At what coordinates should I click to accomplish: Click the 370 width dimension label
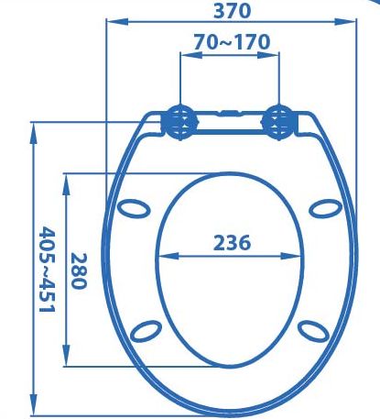(x=233, y=11)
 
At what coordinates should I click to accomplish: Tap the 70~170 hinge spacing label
(x=233, y=42)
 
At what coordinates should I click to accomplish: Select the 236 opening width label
(x=232, y=243)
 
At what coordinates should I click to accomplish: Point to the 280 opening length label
(x=79, y=270)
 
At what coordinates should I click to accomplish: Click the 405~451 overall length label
(x=47, y=270)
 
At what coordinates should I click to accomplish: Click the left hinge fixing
(x=180, y=122)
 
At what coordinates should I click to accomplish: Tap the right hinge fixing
(x=278, y=122)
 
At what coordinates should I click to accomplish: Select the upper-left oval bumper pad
(x=134, y=208)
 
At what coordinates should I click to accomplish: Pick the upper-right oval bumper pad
(x=326, y=208)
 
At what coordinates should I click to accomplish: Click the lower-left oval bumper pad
(x=146, y=331)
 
